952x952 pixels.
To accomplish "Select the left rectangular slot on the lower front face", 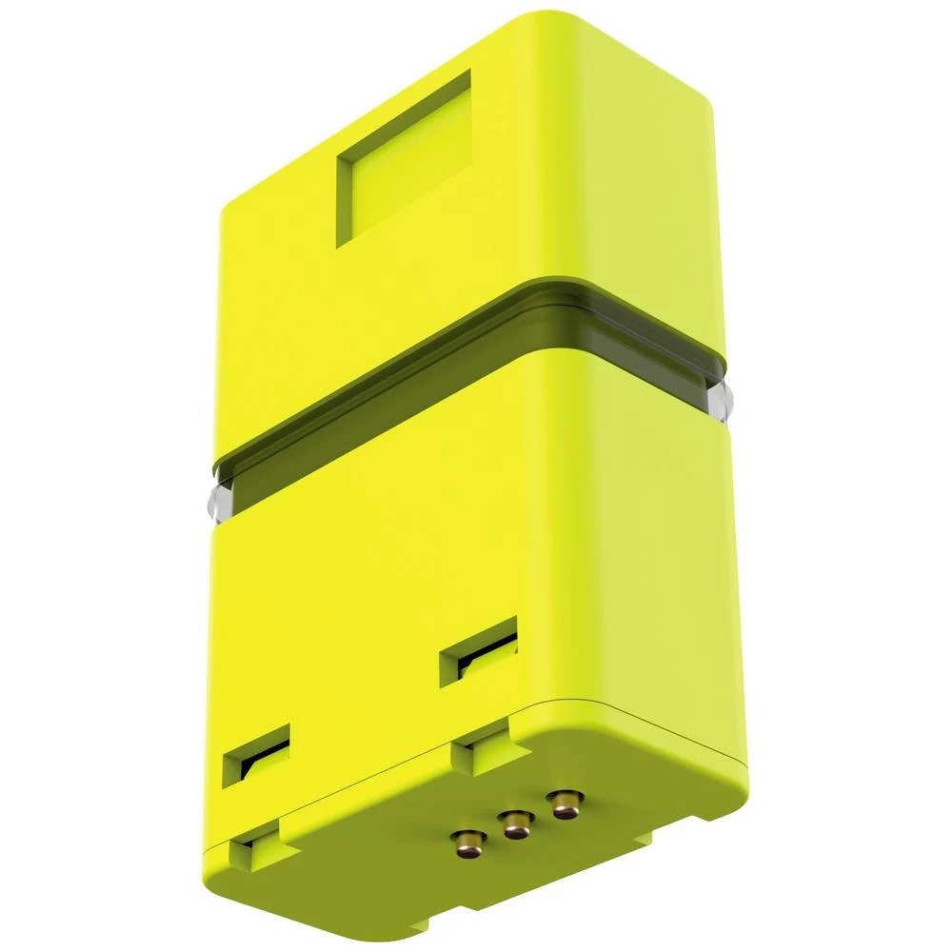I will pos(257,754).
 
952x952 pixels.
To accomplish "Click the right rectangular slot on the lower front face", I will pos(479,651).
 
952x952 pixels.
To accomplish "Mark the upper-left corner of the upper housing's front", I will pos(228,205).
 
